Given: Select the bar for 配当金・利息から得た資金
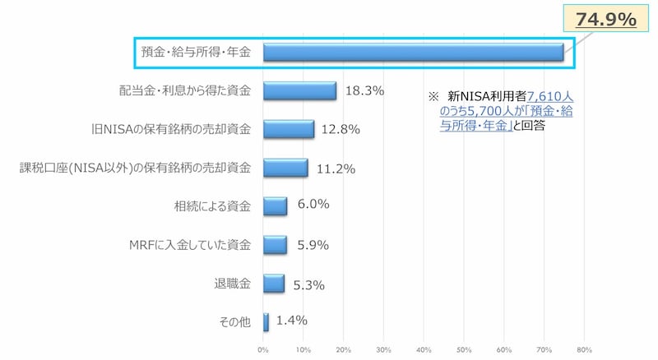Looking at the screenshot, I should click(299, 91).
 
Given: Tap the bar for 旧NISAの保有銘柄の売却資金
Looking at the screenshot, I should click(289, 129).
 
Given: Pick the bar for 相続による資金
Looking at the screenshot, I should click(275, 206).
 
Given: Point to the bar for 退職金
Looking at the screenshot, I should click(273, 284).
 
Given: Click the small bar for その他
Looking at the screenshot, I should click(266, 322).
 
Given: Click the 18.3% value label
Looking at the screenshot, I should click(364, 91).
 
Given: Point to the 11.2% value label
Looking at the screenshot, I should click(335, 168).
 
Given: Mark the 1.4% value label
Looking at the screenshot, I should click(292, 321).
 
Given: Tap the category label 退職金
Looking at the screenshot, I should click(232, 284).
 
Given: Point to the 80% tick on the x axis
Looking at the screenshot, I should click(585, 350).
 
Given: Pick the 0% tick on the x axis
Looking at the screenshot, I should click(263, 350).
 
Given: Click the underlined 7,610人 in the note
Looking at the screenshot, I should click(550, 95).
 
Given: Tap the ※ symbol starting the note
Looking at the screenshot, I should click(433, 95).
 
